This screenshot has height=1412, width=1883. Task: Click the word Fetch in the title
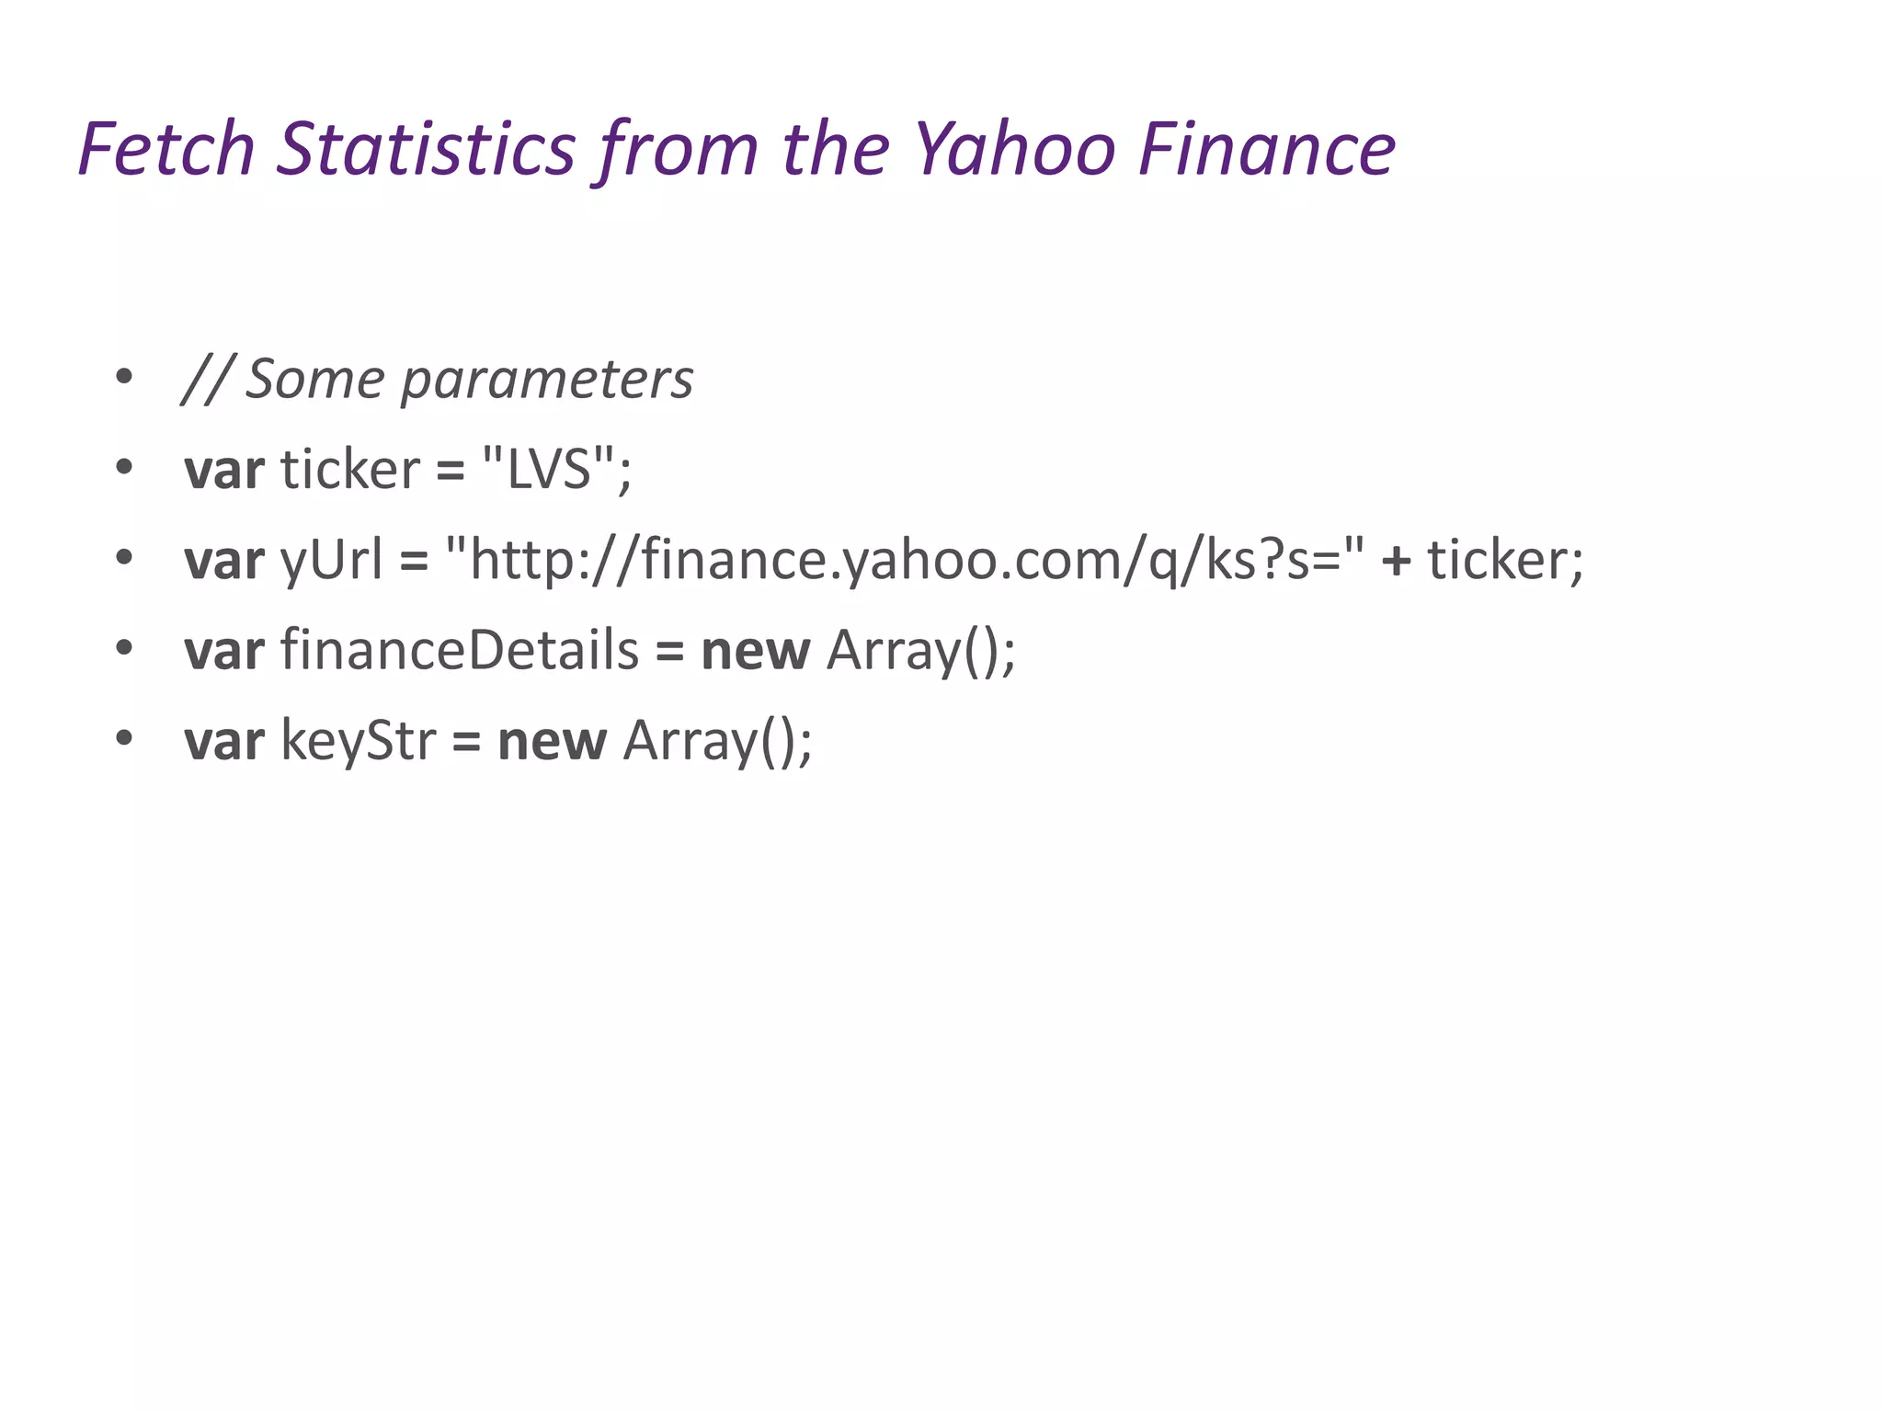click(x=166, y=148)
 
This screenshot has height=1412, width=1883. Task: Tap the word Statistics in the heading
click(x=426, y=148)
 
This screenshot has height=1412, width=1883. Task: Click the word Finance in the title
click(x=1266, y=148)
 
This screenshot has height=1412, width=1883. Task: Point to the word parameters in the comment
click(x=547, y=379)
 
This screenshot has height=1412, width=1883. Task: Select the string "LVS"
click(x=549, y=469)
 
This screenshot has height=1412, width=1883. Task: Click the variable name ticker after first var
click(x=350, y=469)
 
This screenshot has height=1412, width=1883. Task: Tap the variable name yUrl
click(x=331, y=559)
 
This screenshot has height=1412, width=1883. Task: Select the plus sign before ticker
click(x=1396, y=560)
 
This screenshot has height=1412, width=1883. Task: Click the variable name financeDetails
click(x=460, y=650)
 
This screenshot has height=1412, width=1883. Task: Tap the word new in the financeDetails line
click(x=755, y=651)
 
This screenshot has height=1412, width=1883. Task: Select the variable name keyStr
click(x=358, y=741)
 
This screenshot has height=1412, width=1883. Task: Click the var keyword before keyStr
click(x=223, y=741)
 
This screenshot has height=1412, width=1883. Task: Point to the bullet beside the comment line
click(x=124, y=377)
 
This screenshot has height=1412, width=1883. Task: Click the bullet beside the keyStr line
click(x=124, y=739)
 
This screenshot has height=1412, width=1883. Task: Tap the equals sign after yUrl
click(x=414, y=561)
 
